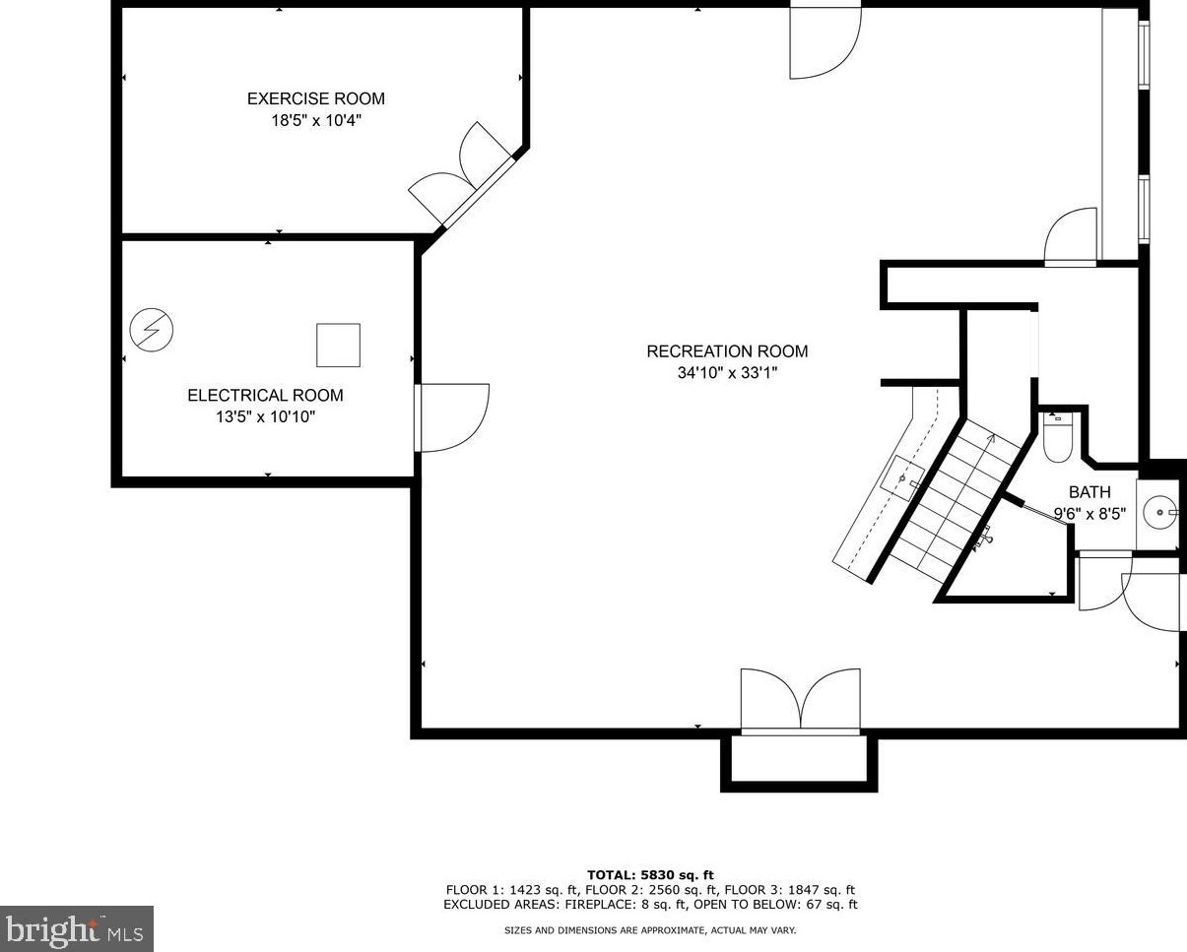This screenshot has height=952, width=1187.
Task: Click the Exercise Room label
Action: (x=315, y=98)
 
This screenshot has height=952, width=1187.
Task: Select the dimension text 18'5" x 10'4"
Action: (x=315, y=121)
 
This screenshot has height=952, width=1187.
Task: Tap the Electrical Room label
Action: (x=265, y=395)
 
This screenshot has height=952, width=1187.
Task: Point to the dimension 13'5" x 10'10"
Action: (x=265, y=417)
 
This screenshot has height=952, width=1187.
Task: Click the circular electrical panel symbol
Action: (x=151, y=330)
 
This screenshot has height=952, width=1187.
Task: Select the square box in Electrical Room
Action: (x=338, y=345)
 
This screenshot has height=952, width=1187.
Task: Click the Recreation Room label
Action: (x=727, y=351)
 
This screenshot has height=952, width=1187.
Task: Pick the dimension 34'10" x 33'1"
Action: (x=727, y=373)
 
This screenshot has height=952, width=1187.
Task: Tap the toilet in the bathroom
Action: (x=1057, y=440)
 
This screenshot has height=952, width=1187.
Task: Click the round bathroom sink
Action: (x=1158, y=512)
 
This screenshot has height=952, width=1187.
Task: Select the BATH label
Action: (x=1089, y=492)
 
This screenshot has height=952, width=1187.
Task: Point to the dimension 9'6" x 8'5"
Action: (x=1089, y=513)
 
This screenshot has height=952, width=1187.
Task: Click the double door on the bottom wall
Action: (x=801, y=701)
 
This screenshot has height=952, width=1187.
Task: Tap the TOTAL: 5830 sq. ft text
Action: (x=650, y=874)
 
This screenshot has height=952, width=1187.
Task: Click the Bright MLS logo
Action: (x=77, y=928)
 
